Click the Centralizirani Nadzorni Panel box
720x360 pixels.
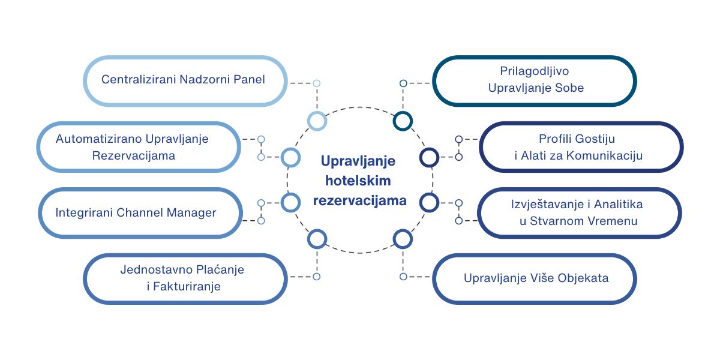pos(183,80)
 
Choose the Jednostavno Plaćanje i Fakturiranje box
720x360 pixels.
pos(184,278)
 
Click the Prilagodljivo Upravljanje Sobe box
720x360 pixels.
pos(534,80)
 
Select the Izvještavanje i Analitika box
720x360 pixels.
pos(580,212)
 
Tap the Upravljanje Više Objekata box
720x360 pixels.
pos(534,278)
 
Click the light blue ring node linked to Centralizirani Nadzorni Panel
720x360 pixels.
pos(317,121)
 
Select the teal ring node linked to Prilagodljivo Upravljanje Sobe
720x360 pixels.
pos(403,121)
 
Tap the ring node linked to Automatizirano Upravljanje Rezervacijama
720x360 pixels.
pos(290,158)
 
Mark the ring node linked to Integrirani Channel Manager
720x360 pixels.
pos(290,203)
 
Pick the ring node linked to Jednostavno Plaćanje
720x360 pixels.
pos(317,239)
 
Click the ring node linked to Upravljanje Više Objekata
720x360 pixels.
pos(403,239)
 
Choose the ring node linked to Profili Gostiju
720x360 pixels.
pos(429,158)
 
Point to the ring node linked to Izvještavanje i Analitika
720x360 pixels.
pos(429,203)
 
